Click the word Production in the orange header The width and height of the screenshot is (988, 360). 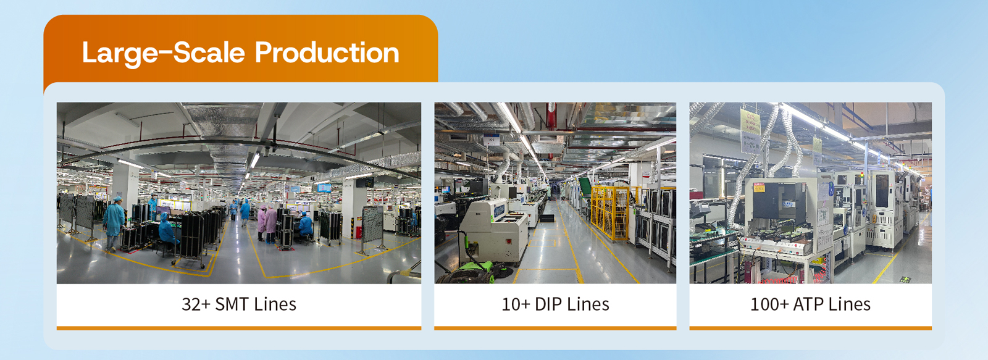327,53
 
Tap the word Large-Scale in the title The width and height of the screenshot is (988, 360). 163,54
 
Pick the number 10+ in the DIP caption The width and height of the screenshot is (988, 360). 516,304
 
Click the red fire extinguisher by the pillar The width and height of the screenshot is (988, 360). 359,232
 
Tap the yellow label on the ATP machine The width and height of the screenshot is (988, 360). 759,188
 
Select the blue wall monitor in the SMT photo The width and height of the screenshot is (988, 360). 324,188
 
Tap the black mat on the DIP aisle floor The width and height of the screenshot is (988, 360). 546,217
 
